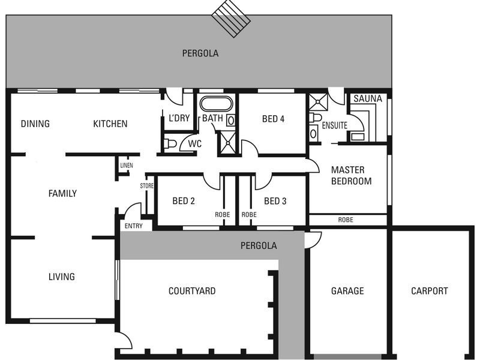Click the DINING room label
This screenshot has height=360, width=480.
(x=35, y=124)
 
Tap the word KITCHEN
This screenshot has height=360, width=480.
(x=110, y=124)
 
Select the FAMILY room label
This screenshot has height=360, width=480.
(x=62, y=193)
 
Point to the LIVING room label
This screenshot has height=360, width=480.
(x=61, y=277)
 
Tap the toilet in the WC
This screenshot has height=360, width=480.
(x=170, y=144)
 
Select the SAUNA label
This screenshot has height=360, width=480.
(x=368, y=98)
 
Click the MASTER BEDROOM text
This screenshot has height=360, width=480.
(x=351, y=175)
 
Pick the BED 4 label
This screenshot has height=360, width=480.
(x=273, y=119)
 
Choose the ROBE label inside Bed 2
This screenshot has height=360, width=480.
(x=223, y=214)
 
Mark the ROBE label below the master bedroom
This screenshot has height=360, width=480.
(x=346, y=220)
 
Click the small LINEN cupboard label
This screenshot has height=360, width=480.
(x=126, y=166)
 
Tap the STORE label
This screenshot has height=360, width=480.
(x=147, y=186)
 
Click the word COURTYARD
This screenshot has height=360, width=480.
(x=191, y=291)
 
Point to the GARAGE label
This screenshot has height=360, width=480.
(x=347, y=291)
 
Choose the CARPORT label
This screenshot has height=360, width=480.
(x=429, y=291)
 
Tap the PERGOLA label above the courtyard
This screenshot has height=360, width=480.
(x=259, y=245)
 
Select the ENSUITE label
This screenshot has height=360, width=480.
(x=334, y=126)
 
